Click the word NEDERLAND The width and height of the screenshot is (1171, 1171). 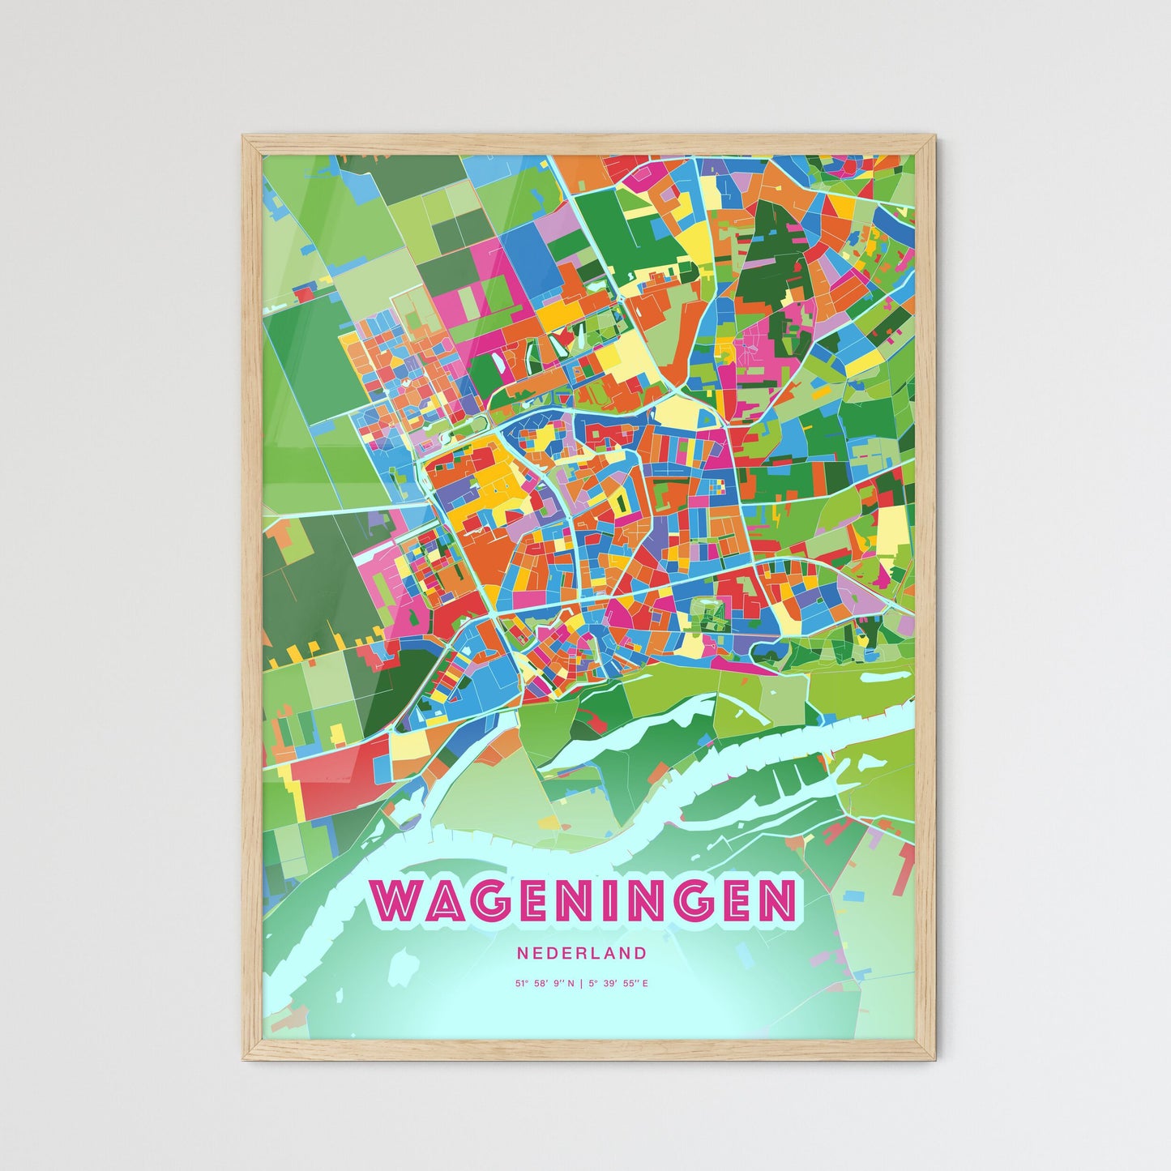coord(581,953)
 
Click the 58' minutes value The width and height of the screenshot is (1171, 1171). coord(541,984)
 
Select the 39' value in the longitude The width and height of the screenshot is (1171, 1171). coord(609,984)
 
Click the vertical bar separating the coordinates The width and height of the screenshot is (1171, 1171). coord(581,984)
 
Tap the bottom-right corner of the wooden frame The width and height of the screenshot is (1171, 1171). coord(934,1058)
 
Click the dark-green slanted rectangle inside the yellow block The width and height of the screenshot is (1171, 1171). coord(622,504)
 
